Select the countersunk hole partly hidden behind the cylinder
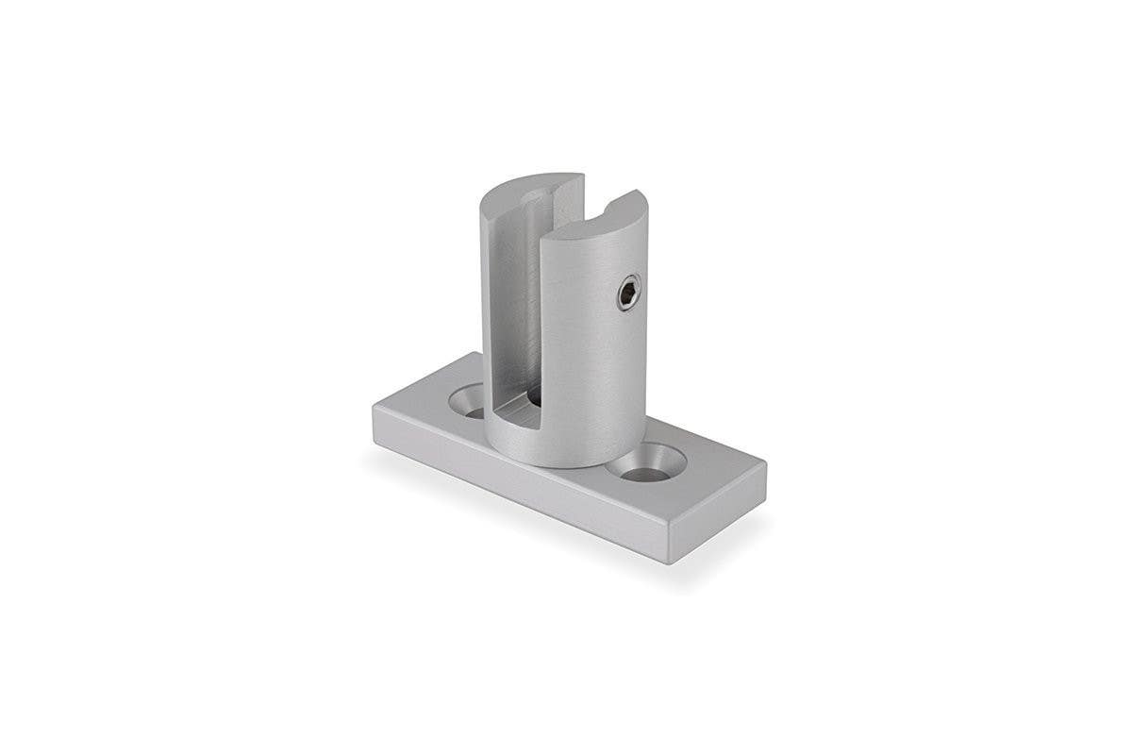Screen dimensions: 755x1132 (469, 401)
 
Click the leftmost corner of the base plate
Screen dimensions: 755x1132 (374, 408)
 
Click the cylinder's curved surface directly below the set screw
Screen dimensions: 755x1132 (618, 377)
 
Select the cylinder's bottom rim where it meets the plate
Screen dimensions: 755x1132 (557, 464)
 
